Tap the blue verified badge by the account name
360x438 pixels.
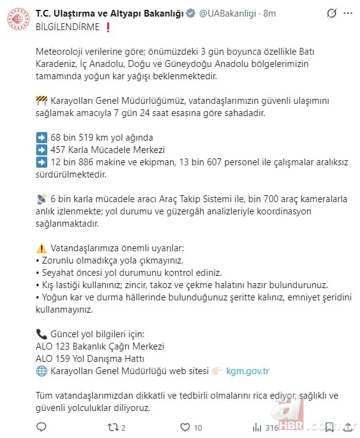pos(190,14)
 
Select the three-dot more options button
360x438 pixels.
pos(348,13)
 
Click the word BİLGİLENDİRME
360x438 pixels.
pos(68,26)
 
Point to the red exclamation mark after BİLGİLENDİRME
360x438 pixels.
pos(108,26)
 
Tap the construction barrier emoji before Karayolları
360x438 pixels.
pos(42,100)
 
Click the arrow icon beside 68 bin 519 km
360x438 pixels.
pos(42,137)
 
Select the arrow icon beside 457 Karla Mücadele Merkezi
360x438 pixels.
pos(42,150)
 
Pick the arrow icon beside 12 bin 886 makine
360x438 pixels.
pos(42,162)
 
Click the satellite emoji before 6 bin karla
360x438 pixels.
pos(42,199)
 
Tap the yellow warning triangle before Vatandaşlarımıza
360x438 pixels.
pos(42,248)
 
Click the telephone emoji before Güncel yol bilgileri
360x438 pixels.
pos(42,334)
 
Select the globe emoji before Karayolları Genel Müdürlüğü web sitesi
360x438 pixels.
pos(42,371)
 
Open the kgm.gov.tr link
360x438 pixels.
pos(248,371)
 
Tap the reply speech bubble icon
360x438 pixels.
pos(42,427)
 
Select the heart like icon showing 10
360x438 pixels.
pos(185,427)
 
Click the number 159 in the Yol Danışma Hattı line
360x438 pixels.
pos(66,359)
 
